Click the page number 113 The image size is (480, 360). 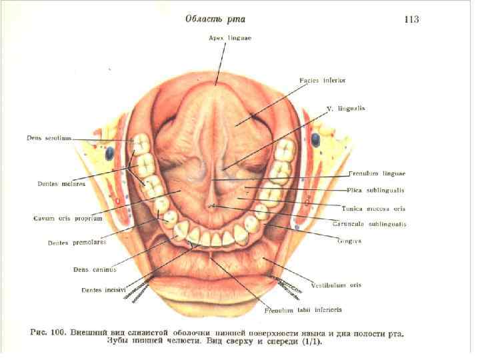tap(411, 19)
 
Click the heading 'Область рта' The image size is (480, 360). tap(215, 19)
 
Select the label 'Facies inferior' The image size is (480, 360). tap(322, 81)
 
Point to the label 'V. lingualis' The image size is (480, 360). tap(345, 107)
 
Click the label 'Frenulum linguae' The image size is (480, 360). tap(377, 174)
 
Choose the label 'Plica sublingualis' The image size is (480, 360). tap(377, 190)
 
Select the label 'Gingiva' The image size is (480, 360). tap(348, 241)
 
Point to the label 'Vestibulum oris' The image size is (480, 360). tap(335, 285)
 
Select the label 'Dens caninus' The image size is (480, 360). tap(95, 269)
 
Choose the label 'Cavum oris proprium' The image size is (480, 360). tap(67, 218)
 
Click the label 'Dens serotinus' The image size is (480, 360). tap(49, 139)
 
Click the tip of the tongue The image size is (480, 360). tap(216, 83)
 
